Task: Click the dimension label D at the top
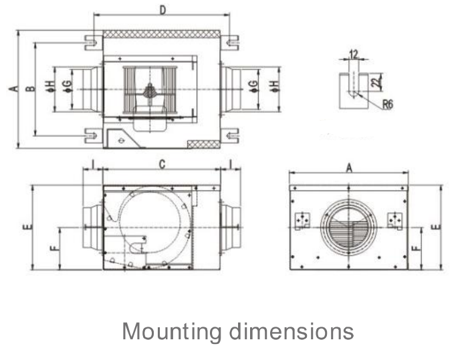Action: [x=162, y=10]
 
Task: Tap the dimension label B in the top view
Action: [x=30, y=88]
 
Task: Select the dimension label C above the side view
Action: [x=162, y=164]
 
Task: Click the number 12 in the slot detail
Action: [x=353, y=54]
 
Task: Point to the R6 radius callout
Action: [x=388, y=104]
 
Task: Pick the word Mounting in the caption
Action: [x=171, y=332]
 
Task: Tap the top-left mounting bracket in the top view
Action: [x=94, y=43]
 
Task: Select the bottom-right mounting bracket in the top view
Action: [x=229, y=136]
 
